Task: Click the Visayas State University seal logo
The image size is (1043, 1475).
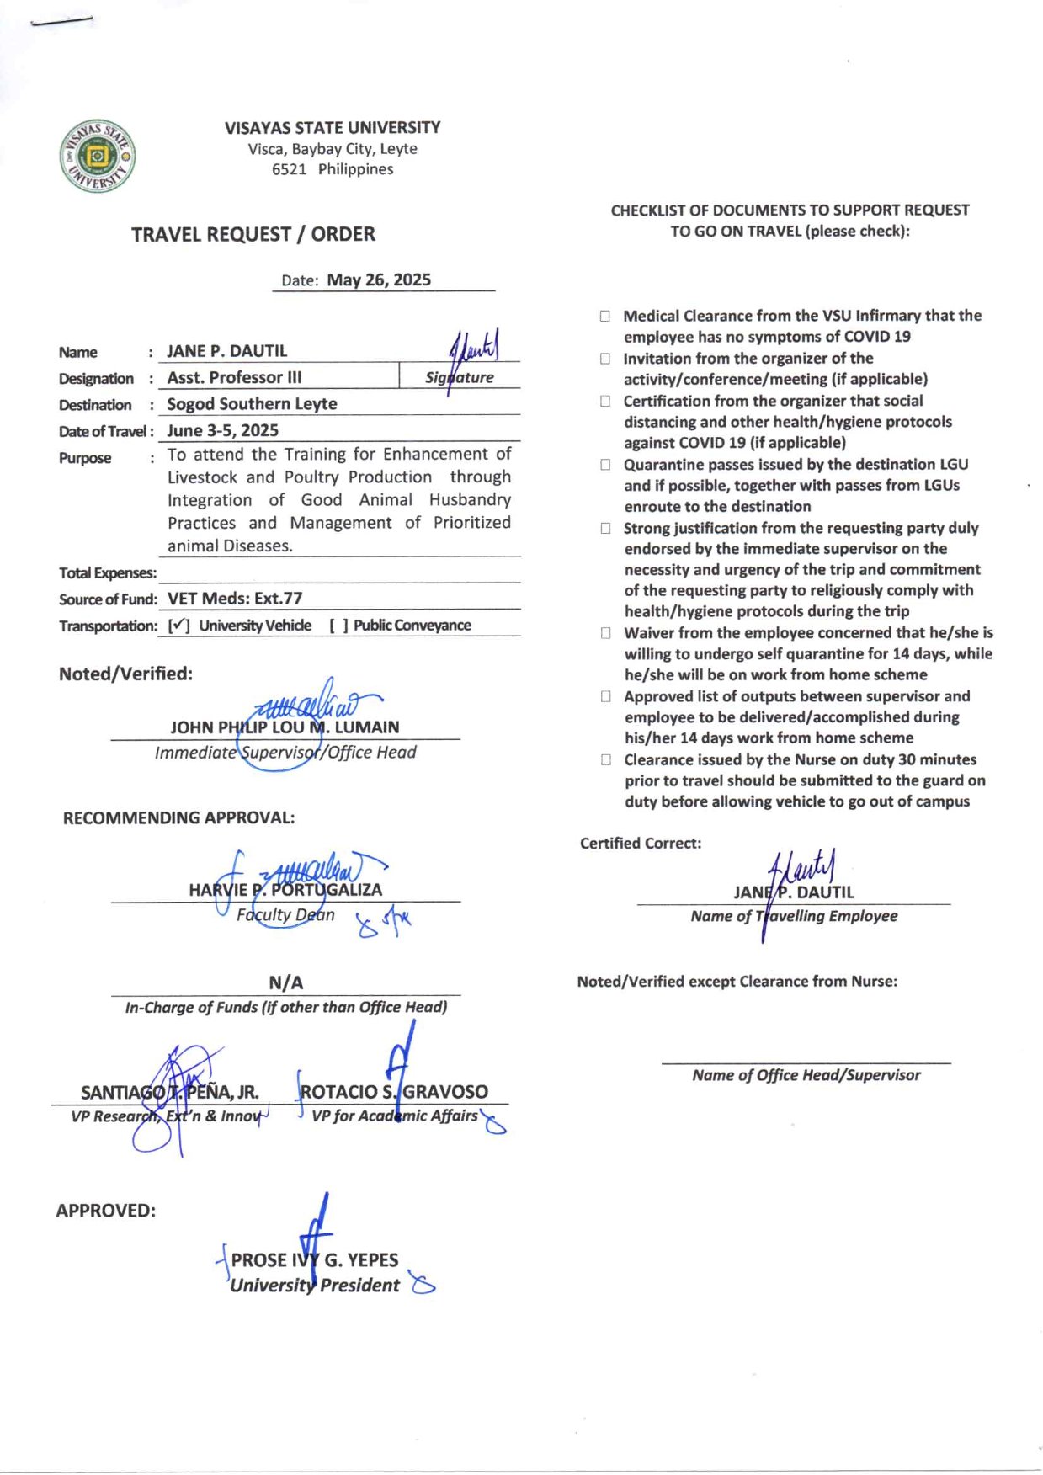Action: click(98, 156)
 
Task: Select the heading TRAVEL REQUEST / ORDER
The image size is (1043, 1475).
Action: click(253, 234)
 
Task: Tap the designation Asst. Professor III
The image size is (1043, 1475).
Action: click(234, 377)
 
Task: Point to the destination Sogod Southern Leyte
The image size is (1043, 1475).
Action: click(252, 404)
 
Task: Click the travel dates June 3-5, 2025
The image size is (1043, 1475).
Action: click(222, 431)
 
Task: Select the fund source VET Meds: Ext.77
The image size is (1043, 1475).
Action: click(234, 599)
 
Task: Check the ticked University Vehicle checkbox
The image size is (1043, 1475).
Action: click(178, 626)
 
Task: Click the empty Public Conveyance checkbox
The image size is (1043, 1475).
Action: click(338, 626)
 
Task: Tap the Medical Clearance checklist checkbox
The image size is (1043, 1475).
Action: click(604, 317)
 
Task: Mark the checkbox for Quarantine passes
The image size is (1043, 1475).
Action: click(604, 465)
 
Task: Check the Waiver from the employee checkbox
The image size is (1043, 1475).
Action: click(604, 633)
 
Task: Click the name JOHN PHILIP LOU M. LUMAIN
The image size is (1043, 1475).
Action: click(285, 727)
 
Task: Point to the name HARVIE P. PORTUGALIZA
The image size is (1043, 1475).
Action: click(285, 890)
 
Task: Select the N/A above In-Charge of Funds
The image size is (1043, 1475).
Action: click(285, 982)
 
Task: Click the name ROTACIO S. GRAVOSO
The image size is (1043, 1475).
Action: click(394, 1092)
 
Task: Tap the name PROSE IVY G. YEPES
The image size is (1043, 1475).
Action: click(315, 1260)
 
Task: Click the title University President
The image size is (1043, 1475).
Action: click(315, 1286)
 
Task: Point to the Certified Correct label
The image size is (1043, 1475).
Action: click(640, 844)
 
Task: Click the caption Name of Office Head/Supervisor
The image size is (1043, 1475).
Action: click(806, 1075)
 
